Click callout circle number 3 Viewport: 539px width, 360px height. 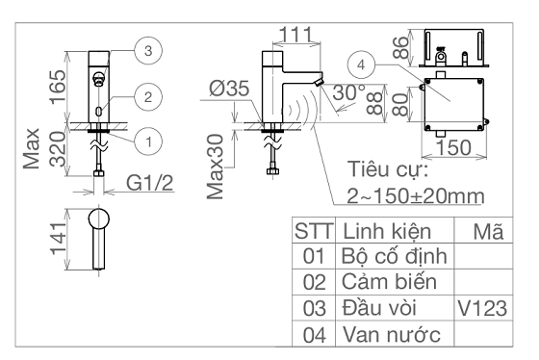pyautogui.click(x=148, y=51)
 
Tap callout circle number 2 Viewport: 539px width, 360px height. pyautogui.click(x=148, y=97)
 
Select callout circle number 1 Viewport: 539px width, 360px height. pyautogui.click(x=148, y=141)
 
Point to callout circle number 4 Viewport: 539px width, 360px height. pyautogui.click(x=361, y=64)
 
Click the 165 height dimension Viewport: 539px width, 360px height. pyautogui.click(x=58, y=87)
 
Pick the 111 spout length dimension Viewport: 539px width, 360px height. pyautogui.click(x=296, y=35)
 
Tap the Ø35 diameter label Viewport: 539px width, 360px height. pyautogui.click(x=229, y=89)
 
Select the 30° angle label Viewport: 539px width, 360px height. pyautogui.click(x=349, y=92)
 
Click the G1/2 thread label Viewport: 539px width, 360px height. pyautogui.click(x=149, y=183)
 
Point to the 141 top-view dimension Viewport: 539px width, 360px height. pyautogui.click(x=58, y=240)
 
